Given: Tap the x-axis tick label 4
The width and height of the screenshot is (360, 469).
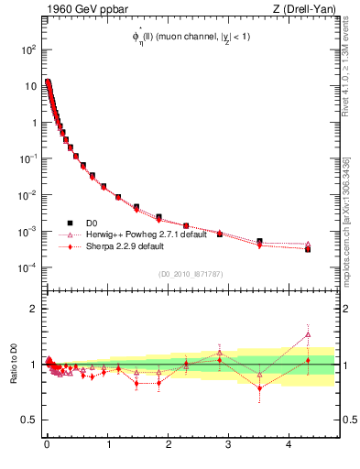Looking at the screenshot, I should (x=289, y=446).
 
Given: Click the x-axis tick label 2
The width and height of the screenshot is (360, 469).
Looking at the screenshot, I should (x=168, y=446).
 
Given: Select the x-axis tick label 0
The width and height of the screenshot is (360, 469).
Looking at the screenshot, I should (x=47, y=446).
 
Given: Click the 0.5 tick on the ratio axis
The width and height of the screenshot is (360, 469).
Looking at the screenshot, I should (x=27, y=420).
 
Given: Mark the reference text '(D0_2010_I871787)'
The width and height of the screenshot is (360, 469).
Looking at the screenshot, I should (x=189, y=274).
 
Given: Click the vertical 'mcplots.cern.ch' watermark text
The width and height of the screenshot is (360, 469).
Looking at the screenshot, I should (x=347, y=220).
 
